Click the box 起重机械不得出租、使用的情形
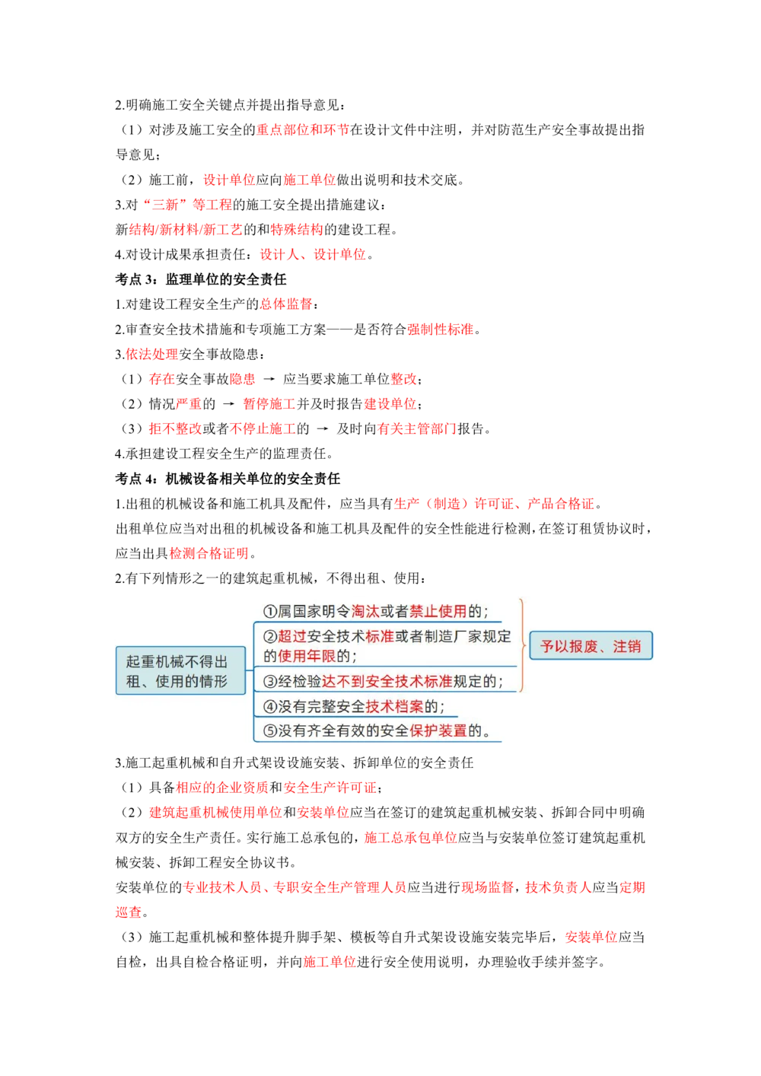180,671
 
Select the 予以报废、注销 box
591,646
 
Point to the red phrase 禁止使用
438,611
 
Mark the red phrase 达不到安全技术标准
387,681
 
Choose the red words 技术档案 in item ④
394,706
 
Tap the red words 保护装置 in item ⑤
438,731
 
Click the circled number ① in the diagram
269,612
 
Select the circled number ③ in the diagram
269,681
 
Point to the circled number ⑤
269,731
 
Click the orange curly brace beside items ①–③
522,645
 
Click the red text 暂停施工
268,404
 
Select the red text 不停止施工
263,429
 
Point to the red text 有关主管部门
416,429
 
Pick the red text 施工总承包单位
410,838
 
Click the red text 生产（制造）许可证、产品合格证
494,504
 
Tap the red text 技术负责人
558,887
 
